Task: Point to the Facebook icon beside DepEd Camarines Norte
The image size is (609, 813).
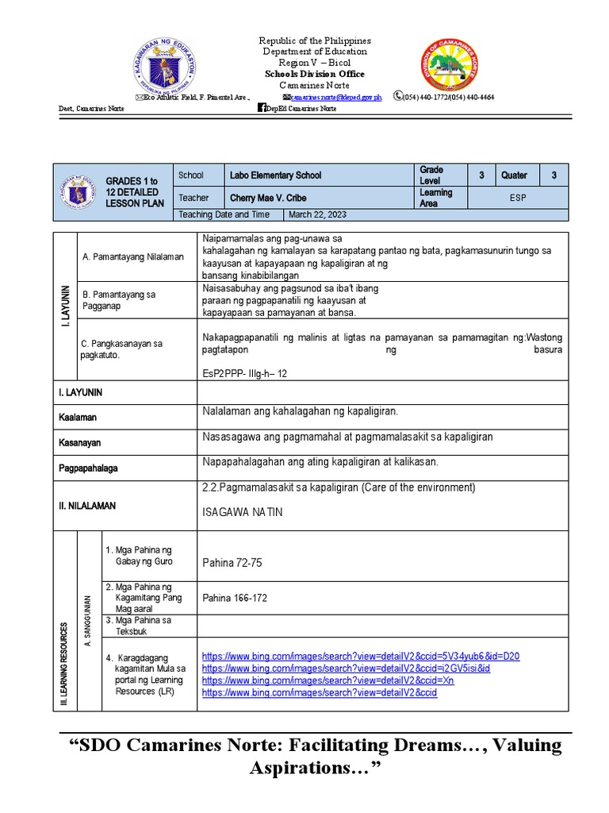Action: point(262,108)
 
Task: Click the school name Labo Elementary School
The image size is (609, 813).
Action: point(275,175)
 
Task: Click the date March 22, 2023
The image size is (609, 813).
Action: point(317,214)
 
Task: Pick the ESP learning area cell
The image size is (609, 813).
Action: point(518,198)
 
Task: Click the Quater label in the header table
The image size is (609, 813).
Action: point(514,175)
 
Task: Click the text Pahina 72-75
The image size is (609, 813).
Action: point(232,562)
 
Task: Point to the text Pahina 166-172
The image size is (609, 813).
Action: point(236,598)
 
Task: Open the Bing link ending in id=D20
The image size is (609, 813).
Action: point(361,656)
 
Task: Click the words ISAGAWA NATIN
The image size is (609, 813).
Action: point(243,513)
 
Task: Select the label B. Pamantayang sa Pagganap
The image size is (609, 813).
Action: point(119,300)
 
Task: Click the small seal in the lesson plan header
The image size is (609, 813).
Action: point(77,191)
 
